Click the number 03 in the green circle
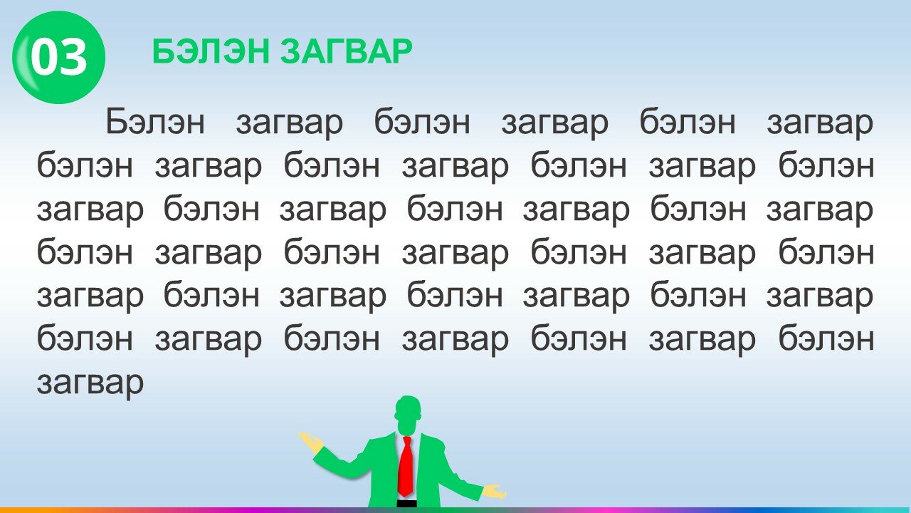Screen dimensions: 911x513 tap(58, 57)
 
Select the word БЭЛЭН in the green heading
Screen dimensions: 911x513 tap(211, 51)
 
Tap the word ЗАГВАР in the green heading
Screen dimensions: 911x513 tap(347, 51)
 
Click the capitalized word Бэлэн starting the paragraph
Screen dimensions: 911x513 tap(155, 121)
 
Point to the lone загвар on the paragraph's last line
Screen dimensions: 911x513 tap(90, 383)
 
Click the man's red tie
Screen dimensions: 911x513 tap(406, 466)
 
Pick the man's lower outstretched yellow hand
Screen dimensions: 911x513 tap(494, 492)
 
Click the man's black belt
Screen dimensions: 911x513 tap(406, 504)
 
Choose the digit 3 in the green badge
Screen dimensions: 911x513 tap(74, 57)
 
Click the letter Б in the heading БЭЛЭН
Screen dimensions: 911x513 tap(164, 51)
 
